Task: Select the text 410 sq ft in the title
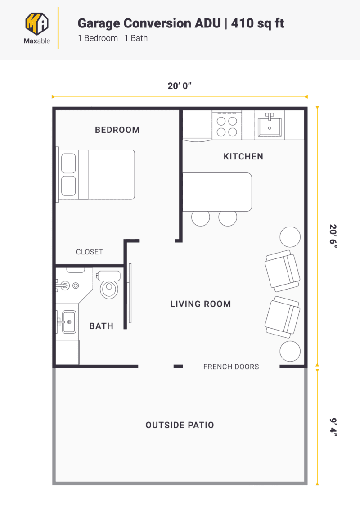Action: (x=257, y=23)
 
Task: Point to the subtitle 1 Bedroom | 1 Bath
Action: (x=112, y=38)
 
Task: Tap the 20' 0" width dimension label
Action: (x=180, y=86)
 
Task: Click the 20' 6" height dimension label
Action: (x=333, y=236)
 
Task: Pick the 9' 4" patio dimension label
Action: (x=333, y=427)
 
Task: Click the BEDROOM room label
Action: (x=117, y=130)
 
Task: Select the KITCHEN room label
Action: (x=243, y=157)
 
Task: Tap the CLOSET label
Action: (x=89, y=252)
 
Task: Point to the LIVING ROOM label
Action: (x=200, y=304)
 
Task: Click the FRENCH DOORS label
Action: (x=231, y=367)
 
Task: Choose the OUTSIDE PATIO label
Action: (x=180, y=425)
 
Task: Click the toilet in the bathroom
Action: (x=109, y=286)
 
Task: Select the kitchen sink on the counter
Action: (x=270, y=125)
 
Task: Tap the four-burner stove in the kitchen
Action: (x=227, y=126)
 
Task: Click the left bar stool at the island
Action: (x=200, y=217)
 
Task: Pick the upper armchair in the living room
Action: (x=282, y=271)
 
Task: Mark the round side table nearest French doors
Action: (x=290, y=351)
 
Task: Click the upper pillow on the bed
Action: (x=68, y=163)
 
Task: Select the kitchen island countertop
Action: (x=217, y=191)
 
